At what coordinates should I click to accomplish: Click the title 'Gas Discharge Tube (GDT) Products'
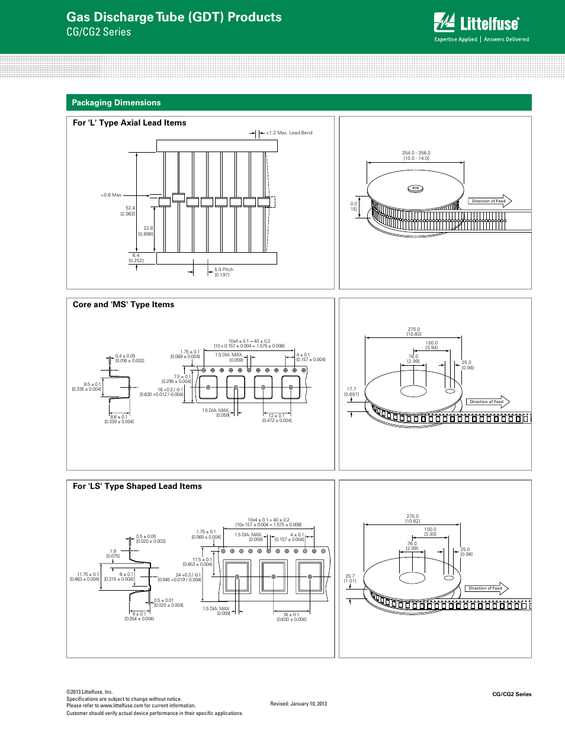174,17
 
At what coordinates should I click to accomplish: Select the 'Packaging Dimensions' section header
116,102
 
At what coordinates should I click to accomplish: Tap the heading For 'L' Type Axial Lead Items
129,123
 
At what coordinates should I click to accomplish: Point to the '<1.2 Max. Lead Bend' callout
289,133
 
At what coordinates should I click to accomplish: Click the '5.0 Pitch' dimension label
224,269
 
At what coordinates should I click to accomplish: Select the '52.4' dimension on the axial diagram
130,208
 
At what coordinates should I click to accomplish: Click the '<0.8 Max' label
111,195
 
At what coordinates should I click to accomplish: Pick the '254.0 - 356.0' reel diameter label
416,153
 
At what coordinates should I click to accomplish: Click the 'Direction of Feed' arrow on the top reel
490,201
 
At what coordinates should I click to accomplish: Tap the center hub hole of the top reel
416,189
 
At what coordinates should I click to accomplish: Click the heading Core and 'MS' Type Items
123,304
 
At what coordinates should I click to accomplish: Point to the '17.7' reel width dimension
351,389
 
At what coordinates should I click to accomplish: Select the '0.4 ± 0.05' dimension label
125,356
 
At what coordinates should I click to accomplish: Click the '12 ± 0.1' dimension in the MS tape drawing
277,416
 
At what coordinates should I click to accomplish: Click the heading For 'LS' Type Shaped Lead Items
137,486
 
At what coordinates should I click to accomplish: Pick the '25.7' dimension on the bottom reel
350,576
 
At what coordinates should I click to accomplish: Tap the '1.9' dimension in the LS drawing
113,551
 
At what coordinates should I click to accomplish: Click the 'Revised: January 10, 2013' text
298,704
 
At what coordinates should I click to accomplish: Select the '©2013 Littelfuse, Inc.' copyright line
89,691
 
